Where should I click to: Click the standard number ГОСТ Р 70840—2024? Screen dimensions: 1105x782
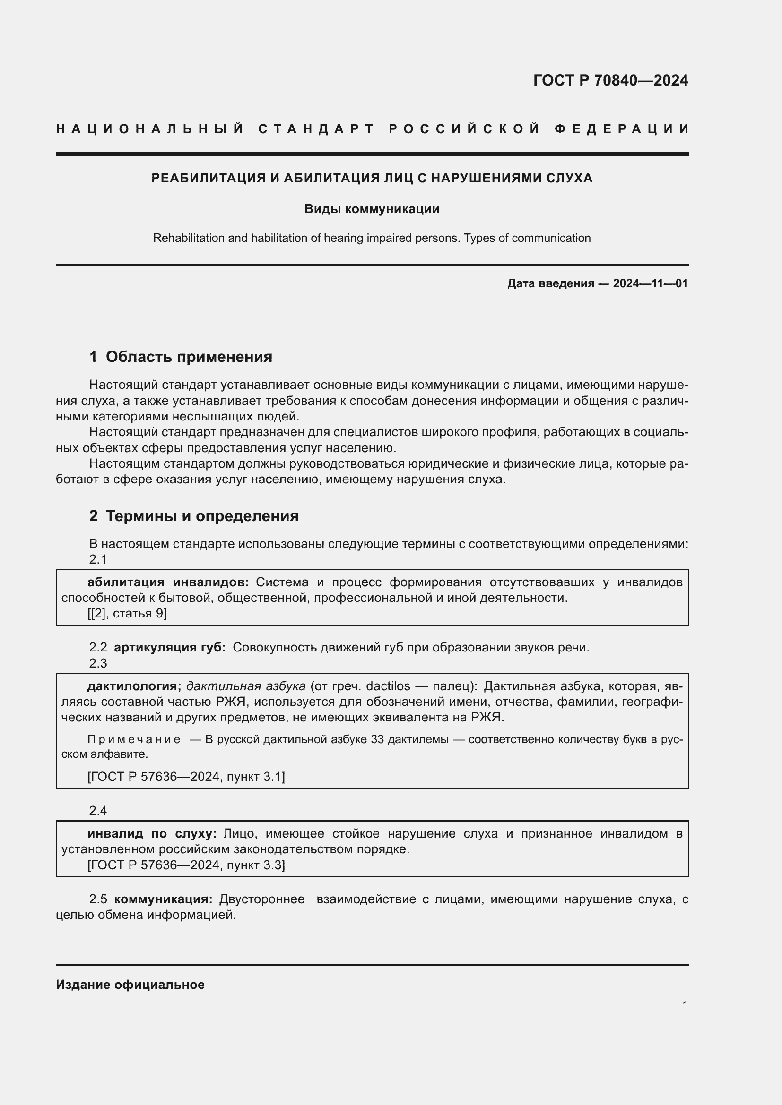click(610, 80)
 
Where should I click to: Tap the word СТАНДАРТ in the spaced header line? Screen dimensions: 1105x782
click(316, 129)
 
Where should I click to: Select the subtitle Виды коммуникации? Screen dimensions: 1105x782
click(372, 209)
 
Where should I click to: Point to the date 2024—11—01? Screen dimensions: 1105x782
click(650, 283)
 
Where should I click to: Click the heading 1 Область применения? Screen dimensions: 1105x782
click(181, 357)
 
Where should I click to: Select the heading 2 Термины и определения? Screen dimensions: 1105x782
click(193, 516)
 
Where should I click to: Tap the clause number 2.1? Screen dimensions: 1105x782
click(98, 559)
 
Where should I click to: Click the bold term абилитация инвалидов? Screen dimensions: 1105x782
click(168, 582)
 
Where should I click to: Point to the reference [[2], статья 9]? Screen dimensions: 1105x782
click(127, 613)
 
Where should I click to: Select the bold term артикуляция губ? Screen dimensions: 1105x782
click(170, 647)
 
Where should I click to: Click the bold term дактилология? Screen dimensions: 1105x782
click(134, 686)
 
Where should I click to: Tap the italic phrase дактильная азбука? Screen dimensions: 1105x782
click(245, 686)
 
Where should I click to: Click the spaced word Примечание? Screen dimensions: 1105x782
click(134, 739)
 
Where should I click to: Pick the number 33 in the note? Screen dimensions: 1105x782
click(377, 739)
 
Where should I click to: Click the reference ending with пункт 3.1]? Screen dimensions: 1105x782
click(186, 777)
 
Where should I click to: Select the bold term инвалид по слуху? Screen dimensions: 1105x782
click(152, 833)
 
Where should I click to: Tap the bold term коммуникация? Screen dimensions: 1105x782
click(163, 899)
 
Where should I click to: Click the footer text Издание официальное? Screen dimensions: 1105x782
click(130, 985)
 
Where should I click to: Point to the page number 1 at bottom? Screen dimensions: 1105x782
click(685, 1005)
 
